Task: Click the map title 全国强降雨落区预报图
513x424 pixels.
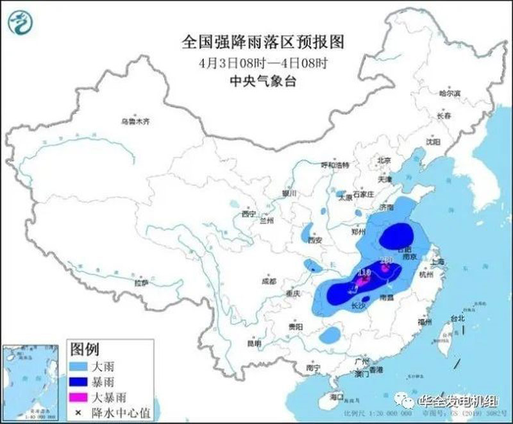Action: coord(264,42)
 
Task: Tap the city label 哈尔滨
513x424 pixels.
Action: coord(450,94)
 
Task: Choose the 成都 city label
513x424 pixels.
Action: coord(269,281)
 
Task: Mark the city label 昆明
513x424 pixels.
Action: coord(254,344)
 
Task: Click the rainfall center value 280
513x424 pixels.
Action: coord(387,260)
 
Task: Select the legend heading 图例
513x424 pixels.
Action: coord(85,350)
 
